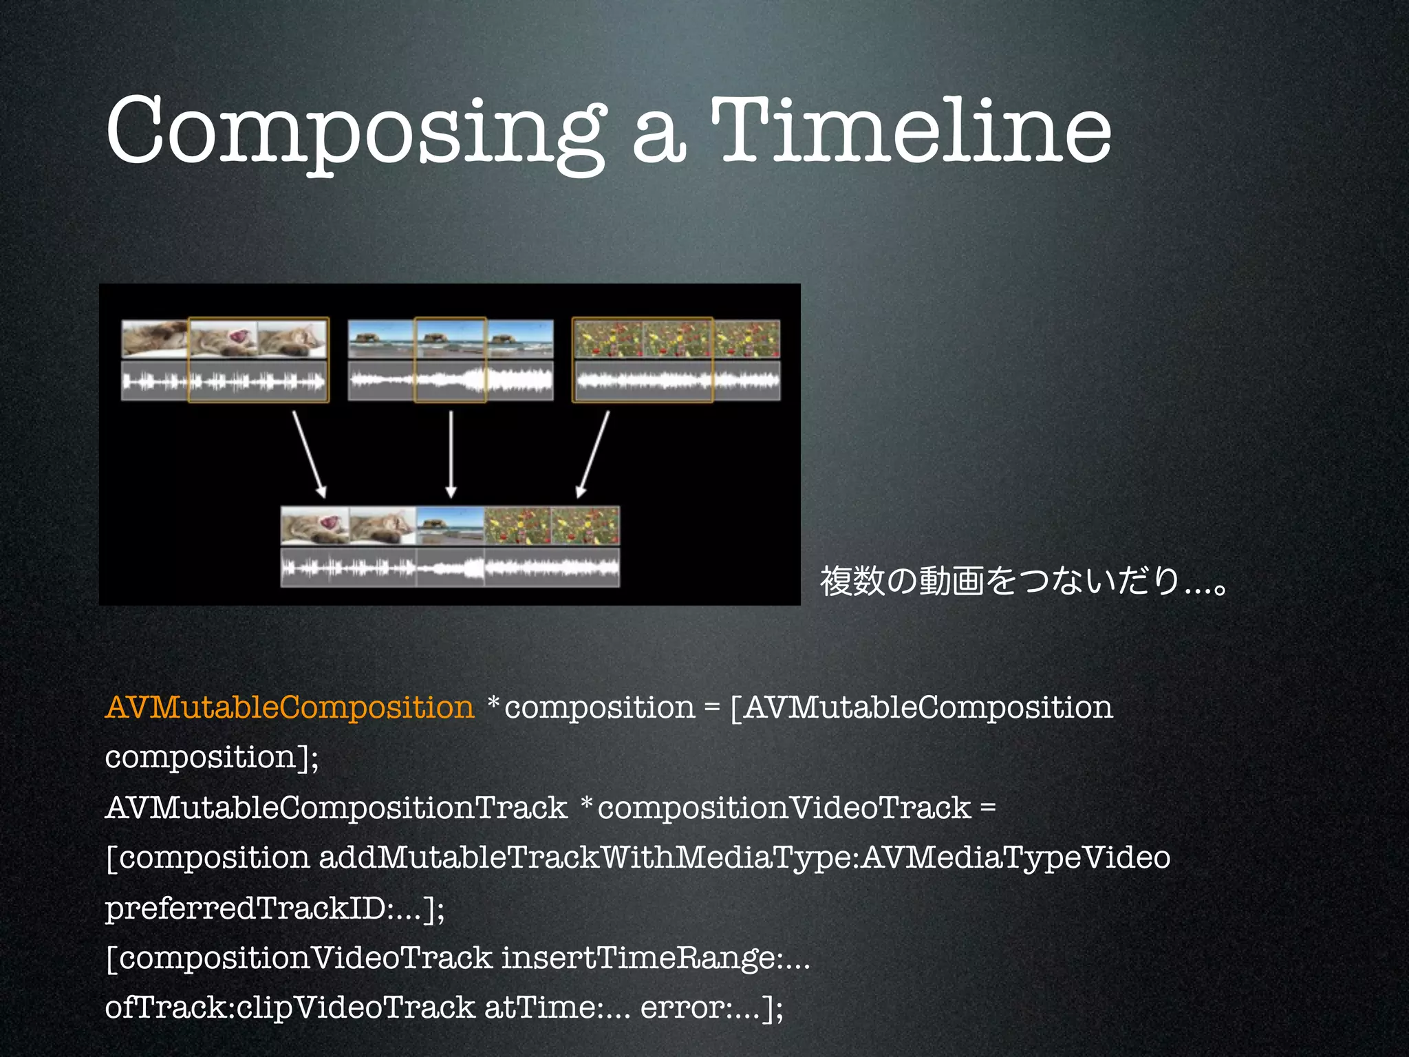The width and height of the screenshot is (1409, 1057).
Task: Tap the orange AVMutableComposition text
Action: [290, 707]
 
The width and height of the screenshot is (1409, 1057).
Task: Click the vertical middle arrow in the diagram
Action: [451, 454]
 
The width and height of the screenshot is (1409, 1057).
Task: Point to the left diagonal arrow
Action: [309, 454]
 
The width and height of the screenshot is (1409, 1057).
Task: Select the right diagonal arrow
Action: [592, 454]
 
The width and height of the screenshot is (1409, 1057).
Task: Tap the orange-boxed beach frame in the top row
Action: [450, 338]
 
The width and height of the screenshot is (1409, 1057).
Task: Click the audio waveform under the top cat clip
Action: [224, 381]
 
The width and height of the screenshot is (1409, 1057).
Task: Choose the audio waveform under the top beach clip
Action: [451, 381]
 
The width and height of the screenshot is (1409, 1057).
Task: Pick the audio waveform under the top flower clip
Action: [677, 381]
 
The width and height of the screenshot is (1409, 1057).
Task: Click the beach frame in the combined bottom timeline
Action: [450, 526]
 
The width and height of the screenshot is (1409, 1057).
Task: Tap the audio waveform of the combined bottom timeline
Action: [450, 568]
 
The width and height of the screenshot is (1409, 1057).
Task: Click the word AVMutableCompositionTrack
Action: [336, 808]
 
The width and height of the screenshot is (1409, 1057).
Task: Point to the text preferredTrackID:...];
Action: [275, 908]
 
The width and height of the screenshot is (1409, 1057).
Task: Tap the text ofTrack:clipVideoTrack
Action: [290, 1008]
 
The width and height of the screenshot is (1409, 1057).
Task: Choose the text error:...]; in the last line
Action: [711, 1008]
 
